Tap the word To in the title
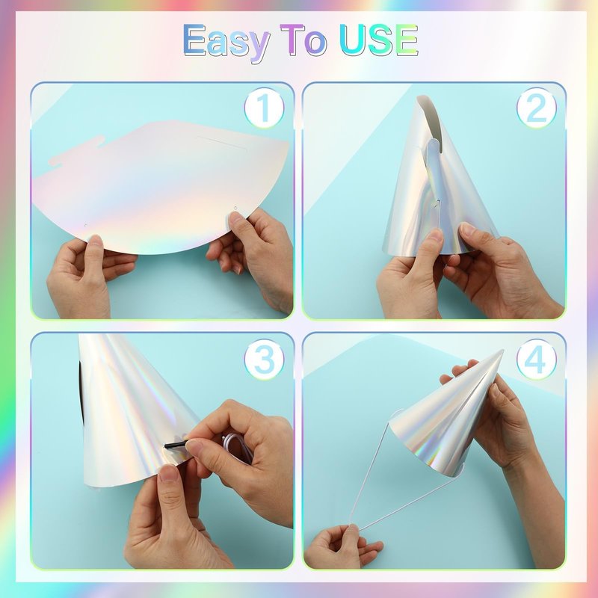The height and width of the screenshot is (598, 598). pyautogui.click(x=303, y=40)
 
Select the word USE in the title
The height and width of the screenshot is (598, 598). pyautogui.click(x=378, y=40)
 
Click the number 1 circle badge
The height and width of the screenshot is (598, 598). pyautogui.click(x=264, y=108)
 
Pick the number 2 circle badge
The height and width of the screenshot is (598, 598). pyautogui.click(x=536, y=108)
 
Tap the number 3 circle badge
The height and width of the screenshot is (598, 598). pyautogui.click(x=264, y=359)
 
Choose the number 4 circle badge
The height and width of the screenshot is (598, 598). pyautogui.click(x=536, y=359)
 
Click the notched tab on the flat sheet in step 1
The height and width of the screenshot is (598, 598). pyautogui.click(x=76, y=151)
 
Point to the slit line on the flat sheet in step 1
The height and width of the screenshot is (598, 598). pyautogui.click(x=222, y=143)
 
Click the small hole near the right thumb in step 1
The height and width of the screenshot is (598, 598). pyautogui.click(x=235, y=209)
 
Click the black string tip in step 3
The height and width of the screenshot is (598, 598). pyautogui.click(x=176, y=444)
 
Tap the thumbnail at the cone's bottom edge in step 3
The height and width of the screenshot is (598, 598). pyautogui.click(x=168, y=474)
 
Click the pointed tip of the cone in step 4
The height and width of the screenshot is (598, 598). pyautogui.click(x=502, y=351)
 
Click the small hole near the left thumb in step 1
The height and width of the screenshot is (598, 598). pyautogui.click(x=85, y=226)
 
